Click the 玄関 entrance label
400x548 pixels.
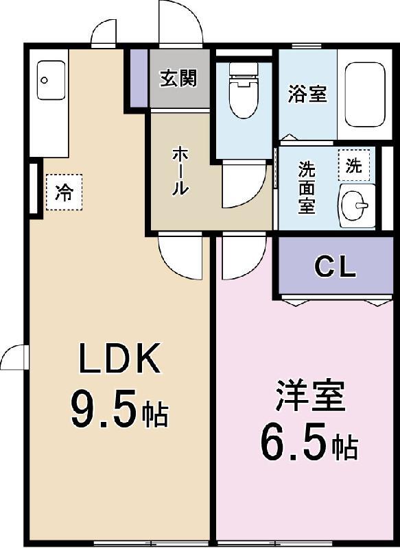click(x=178, y=78)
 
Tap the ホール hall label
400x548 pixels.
click(x=179, y=171)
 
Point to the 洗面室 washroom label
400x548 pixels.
click(x=307, y=186)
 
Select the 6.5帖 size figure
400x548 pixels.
click(x=309, y=445)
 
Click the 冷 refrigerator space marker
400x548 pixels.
click(x=64, y=192)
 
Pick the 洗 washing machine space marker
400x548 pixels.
click(x=353, y=165)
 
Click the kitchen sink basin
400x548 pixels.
click(x=49, y=79)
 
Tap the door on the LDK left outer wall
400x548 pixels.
click(x=15, y=358)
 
